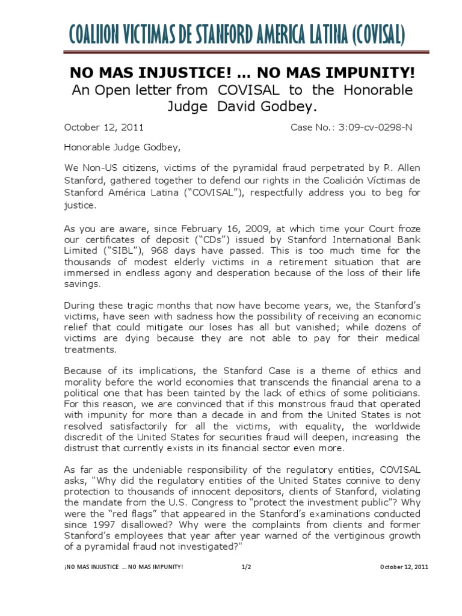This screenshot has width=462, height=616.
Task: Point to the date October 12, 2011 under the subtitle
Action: [x=103, y=128]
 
